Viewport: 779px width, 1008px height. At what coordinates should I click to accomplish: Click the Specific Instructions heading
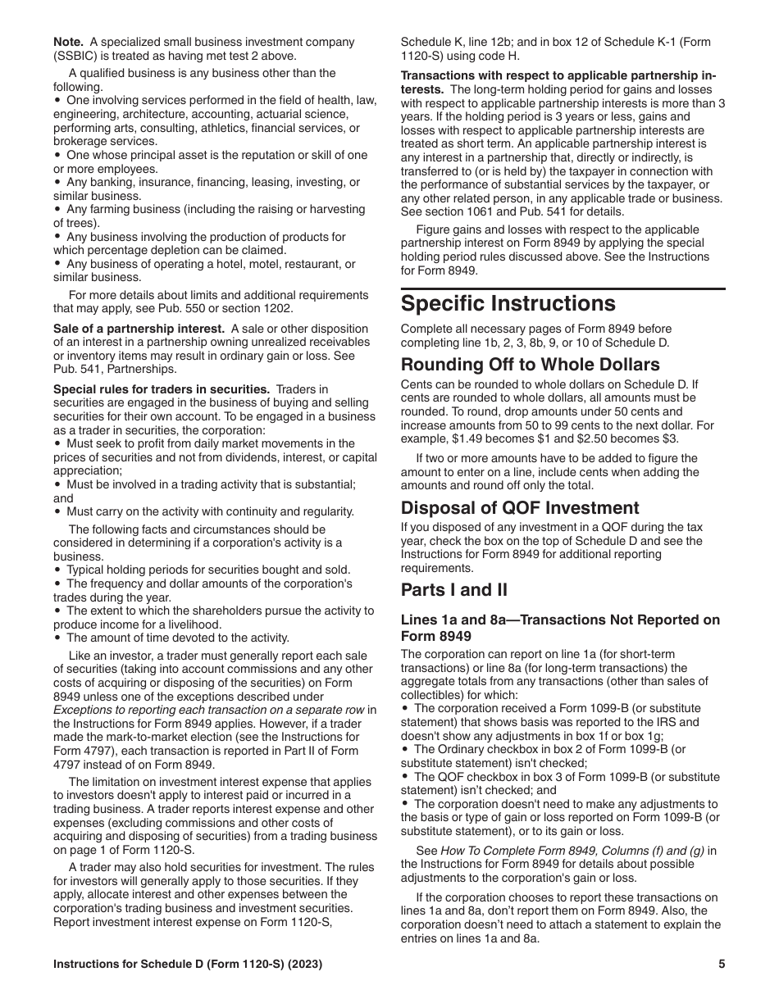(x=508, y=304)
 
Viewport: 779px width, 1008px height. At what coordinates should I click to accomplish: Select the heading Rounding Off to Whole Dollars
(x=530, y=364)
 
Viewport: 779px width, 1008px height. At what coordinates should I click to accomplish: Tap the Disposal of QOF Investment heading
(x=520, y=507)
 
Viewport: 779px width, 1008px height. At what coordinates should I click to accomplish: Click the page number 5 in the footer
(x=722, y=965)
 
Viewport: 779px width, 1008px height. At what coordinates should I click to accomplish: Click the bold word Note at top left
(x=68, y=42)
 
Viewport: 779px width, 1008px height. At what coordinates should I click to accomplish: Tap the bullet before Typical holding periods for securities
(x=57, y=570)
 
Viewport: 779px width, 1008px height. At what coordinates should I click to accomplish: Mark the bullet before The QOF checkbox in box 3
(x=405, y=777)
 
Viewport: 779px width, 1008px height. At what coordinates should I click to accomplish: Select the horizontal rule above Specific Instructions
(x=563, y=288)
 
